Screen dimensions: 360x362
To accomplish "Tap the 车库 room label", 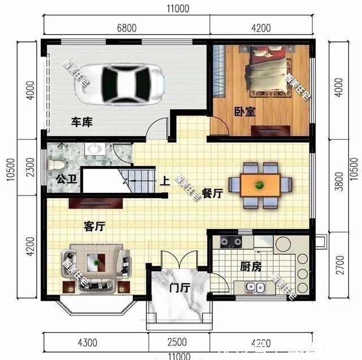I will click(x=81, y=122).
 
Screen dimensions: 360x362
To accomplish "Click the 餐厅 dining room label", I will click(x=212, y=194).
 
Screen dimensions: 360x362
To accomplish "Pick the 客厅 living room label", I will click(x=94, y=227).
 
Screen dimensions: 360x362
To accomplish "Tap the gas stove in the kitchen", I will click(x=231, y=242).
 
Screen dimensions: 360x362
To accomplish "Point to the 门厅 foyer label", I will click(x=179, y=288).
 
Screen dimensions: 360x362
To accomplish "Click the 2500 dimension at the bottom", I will click(x=177, y=342).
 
